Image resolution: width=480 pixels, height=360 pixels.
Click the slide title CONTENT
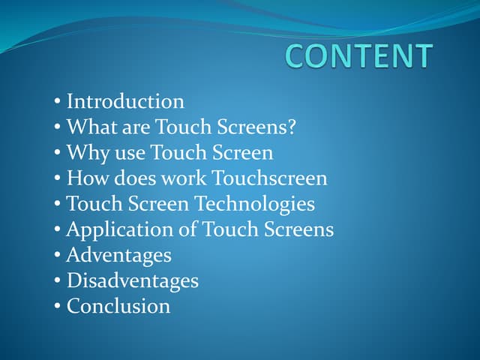[359, 57]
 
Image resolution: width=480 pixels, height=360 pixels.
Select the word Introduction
[125, 101]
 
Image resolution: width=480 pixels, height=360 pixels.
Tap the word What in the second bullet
[89, 127]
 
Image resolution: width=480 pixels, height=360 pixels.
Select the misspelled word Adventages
[118, 255]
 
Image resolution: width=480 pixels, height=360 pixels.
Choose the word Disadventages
[133, 280]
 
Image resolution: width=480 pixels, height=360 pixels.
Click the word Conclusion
[118, 306]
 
